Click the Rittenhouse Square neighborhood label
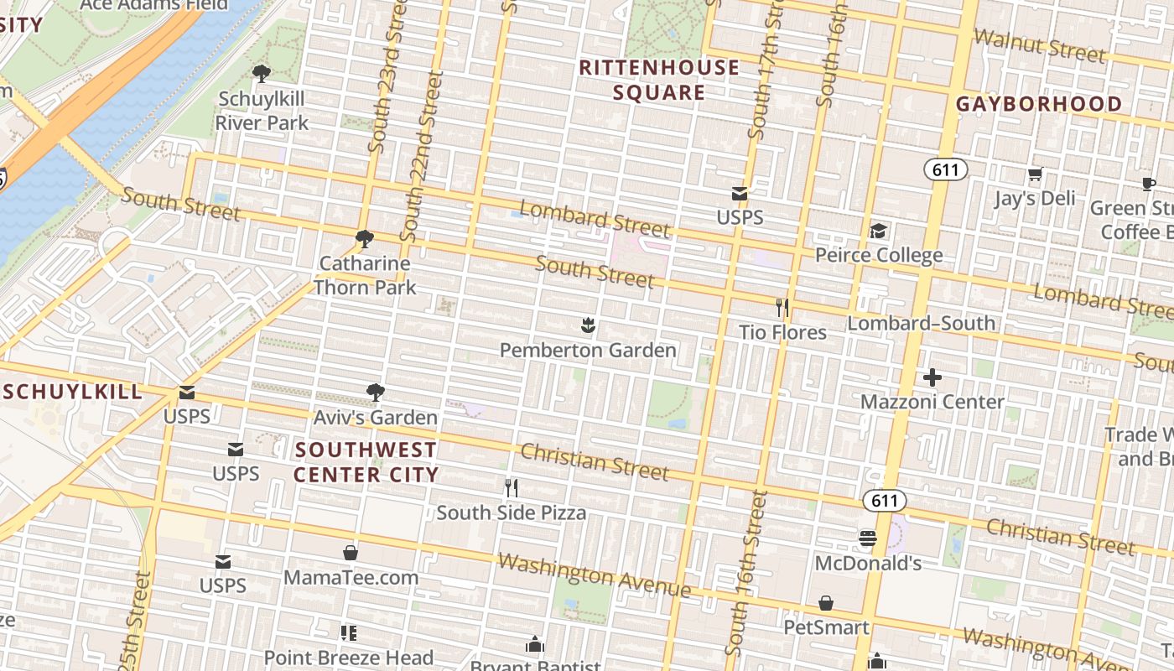click(x=659, y=80)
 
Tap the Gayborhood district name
click(x=1039, y=104)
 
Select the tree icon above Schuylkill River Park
click(x=262, y=73)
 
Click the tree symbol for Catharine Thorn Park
click(x=364, y=239)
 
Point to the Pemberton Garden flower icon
click(x=588, y=325)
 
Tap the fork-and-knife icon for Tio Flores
click(x=782, y=308)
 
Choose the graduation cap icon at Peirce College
click(x=878, y=231)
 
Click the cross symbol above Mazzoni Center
click(x=932, y=377)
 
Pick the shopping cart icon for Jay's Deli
click(x=1035, y=174)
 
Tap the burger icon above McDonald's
click(x=868, y=538)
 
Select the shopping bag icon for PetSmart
click(x=826, y=603)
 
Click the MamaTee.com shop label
click(x=351, y=577)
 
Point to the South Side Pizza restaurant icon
click(x=511, y=487)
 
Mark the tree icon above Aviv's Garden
click(x=375, y=392)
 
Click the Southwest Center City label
click(x=366, y=462)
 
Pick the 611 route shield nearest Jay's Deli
click(x=945, y=170)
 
